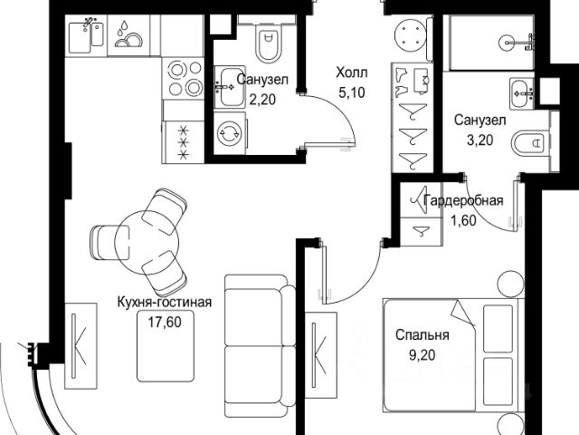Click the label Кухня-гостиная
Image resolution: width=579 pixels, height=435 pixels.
click(x=164, y=303)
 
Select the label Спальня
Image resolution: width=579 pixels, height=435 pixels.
click(x=422, y=334)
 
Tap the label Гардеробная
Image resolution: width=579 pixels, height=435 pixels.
click(x=464, y=201)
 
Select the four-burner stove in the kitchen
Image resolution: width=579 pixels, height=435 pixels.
click(x=185, y=80)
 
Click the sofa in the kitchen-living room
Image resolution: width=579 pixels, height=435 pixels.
click(x=257, y=339)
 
